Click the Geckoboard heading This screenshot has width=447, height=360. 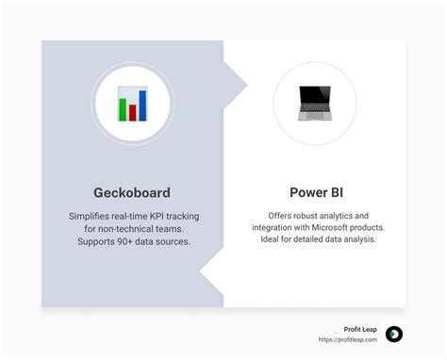click(x=132, y=192)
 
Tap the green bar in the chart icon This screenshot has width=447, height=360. click(x=122, y=107)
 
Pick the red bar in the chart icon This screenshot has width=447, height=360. click(x=132, y=111)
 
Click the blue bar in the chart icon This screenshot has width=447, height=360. click(x=142, y=104)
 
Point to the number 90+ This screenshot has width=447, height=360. click(x=131, y=242)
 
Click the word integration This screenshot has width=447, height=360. click(x=275, y=228)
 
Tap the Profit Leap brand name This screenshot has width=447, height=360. click(x=361, y=329)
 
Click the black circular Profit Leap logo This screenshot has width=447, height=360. click(x=394, y=334)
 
